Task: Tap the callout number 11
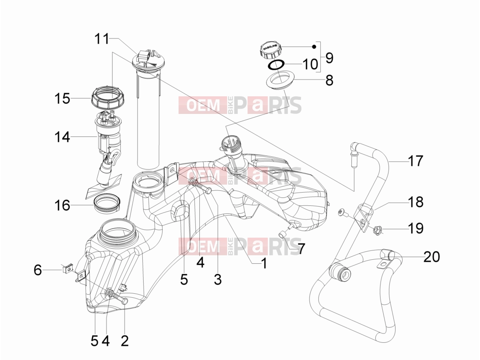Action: (102, 39)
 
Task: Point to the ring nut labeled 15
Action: (105, 97)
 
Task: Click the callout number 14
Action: (62, 137)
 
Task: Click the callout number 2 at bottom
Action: (124, 341)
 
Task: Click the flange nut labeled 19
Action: (377, 229)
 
